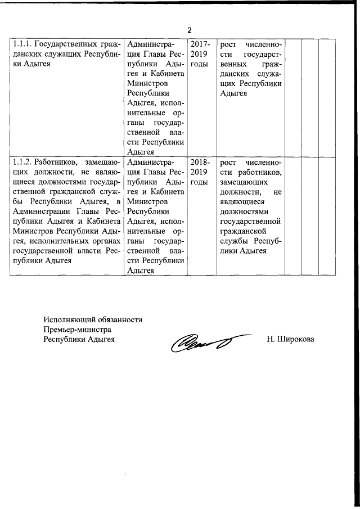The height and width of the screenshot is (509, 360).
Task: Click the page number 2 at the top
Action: pyautogui.click(x=190, y=30)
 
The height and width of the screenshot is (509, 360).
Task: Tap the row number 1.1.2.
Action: pyautogui.click(x=21, y=162)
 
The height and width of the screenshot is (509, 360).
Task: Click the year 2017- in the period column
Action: pyautogui.click(x=200, y=44)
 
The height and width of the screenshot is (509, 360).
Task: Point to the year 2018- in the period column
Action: pyautogui.click(x=200, y=162)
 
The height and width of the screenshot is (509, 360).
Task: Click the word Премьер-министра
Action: pyautogui.click(x=77, y=329)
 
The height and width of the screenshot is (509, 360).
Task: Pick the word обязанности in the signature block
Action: pyautogui.click(x=119, y=319)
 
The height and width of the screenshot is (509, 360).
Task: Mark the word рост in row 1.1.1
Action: pyautogui.click(x=228, y=44)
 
